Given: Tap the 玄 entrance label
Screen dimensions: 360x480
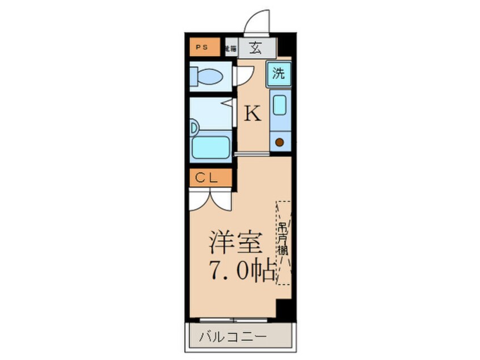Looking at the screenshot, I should pyautogui.click(x=257, y=47).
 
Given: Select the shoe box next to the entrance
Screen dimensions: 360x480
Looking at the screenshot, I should pyautogui.click(x=231, y=48).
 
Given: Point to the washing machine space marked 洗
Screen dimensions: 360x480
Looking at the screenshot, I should pyautogui.click(x=279, y=73).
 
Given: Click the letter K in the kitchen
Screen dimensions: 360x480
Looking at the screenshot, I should pyautogui.click(x=252, y=115).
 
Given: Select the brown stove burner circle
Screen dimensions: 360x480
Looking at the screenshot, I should pyautogui.click(x=279, y=143).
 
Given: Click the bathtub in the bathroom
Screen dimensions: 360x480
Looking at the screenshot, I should pyautogui.click(x=211, y=146).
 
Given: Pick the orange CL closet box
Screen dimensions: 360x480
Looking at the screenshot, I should pyautogui.click(x=210, y=178).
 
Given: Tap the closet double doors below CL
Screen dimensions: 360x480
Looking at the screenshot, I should pyautogui.click(x=210, y=197).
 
